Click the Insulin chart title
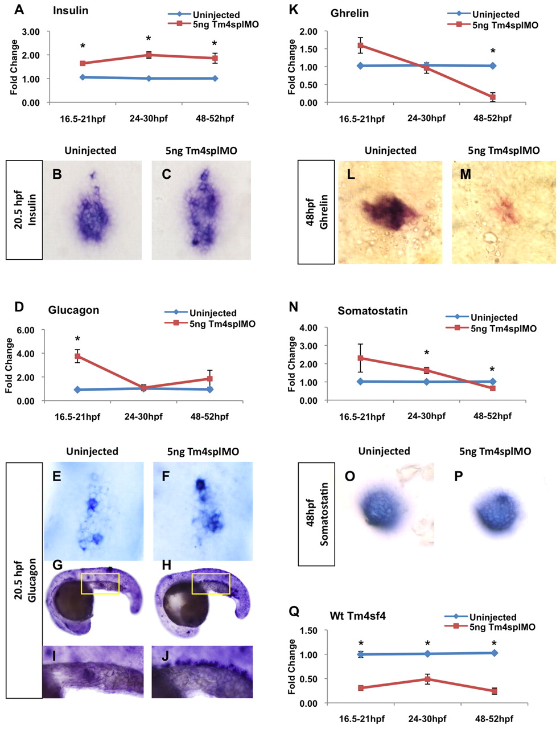tap(71, 11)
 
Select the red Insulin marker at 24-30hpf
tap(149, 55)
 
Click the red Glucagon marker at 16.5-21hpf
tap(77, 356)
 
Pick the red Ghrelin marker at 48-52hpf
tap(492, 97)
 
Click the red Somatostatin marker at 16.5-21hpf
tap(360, 358)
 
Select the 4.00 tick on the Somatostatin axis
tap(307, 328)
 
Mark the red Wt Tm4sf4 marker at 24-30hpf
tap(427, 679)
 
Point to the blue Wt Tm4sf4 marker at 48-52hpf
tap(494, 653)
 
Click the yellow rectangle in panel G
tap(100, 583)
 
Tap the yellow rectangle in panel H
tap(211, 583)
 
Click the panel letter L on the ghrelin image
tap(351, 174)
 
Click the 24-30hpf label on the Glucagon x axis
tap(143, 416)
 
